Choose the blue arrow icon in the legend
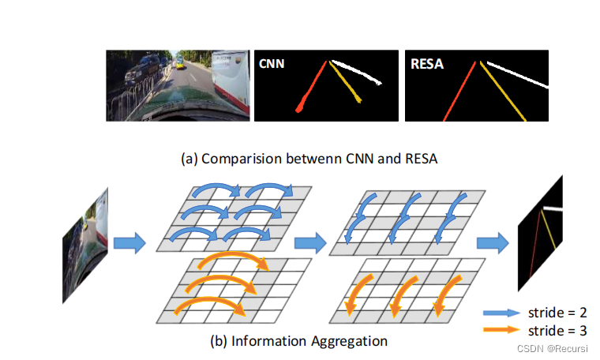pos(500,313)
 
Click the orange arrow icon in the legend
pos(500,330)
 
